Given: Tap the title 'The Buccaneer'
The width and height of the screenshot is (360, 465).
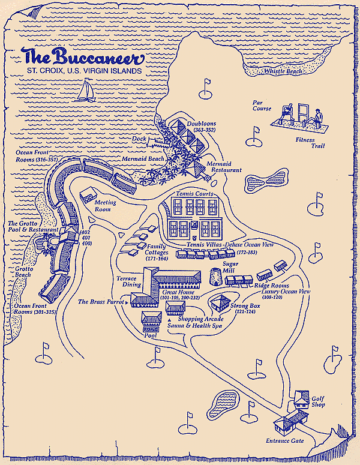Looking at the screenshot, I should point(83,57).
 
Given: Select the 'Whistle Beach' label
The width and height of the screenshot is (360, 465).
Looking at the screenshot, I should point(284,71).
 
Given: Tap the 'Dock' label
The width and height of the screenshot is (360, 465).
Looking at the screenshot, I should point(139,139).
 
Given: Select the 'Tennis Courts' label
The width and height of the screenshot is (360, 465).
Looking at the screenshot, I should point(195,194).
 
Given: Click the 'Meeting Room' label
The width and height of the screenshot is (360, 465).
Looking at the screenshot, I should point(106,206).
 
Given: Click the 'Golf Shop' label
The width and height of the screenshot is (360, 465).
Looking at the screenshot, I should point(318,401).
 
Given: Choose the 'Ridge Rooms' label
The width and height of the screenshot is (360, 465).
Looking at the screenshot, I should point(271,286).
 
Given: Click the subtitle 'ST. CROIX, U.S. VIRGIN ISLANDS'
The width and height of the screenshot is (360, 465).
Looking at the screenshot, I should point(83,71).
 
